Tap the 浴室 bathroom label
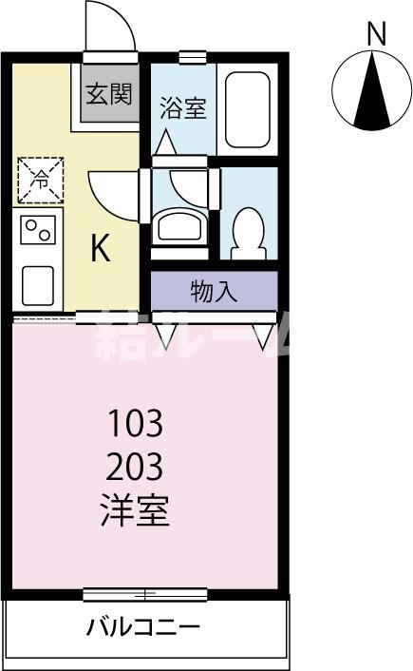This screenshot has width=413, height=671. [182, 106]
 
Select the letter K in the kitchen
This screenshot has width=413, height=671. [102, 248]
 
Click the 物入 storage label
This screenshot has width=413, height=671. [214, 292]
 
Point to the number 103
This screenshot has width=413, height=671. [135, 421]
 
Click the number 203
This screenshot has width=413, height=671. [135, 467]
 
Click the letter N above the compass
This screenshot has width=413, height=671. [377, 34]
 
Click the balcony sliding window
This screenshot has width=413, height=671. [144, 595]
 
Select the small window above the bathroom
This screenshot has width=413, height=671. [193, 58]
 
